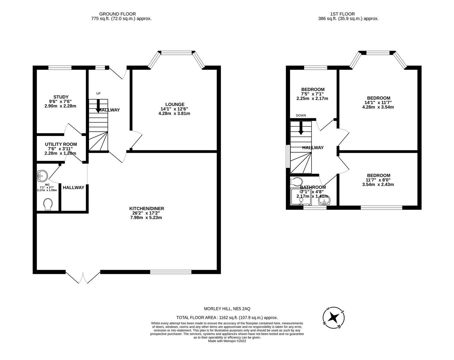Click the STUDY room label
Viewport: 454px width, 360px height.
(x=61, y=97)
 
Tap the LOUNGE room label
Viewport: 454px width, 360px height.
(x=174, y=104)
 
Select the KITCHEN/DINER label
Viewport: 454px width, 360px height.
(x=147, y=209)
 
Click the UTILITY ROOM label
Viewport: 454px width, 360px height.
(x=61, y=144)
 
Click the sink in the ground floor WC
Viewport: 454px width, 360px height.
(x=42, y=175)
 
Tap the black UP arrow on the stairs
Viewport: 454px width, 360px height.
(x=98, y=106)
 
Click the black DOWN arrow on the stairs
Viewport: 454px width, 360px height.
(x=301, y=128)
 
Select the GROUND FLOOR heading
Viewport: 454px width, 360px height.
(x=117, y=14)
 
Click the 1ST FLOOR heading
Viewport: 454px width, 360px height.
(x=342, y=14)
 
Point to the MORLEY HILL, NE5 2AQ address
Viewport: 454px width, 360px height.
(x=227, y=309)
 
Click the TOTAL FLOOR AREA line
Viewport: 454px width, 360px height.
(x=227, y=318)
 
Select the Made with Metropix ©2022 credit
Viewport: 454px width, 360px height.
(x=227, y=341)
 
